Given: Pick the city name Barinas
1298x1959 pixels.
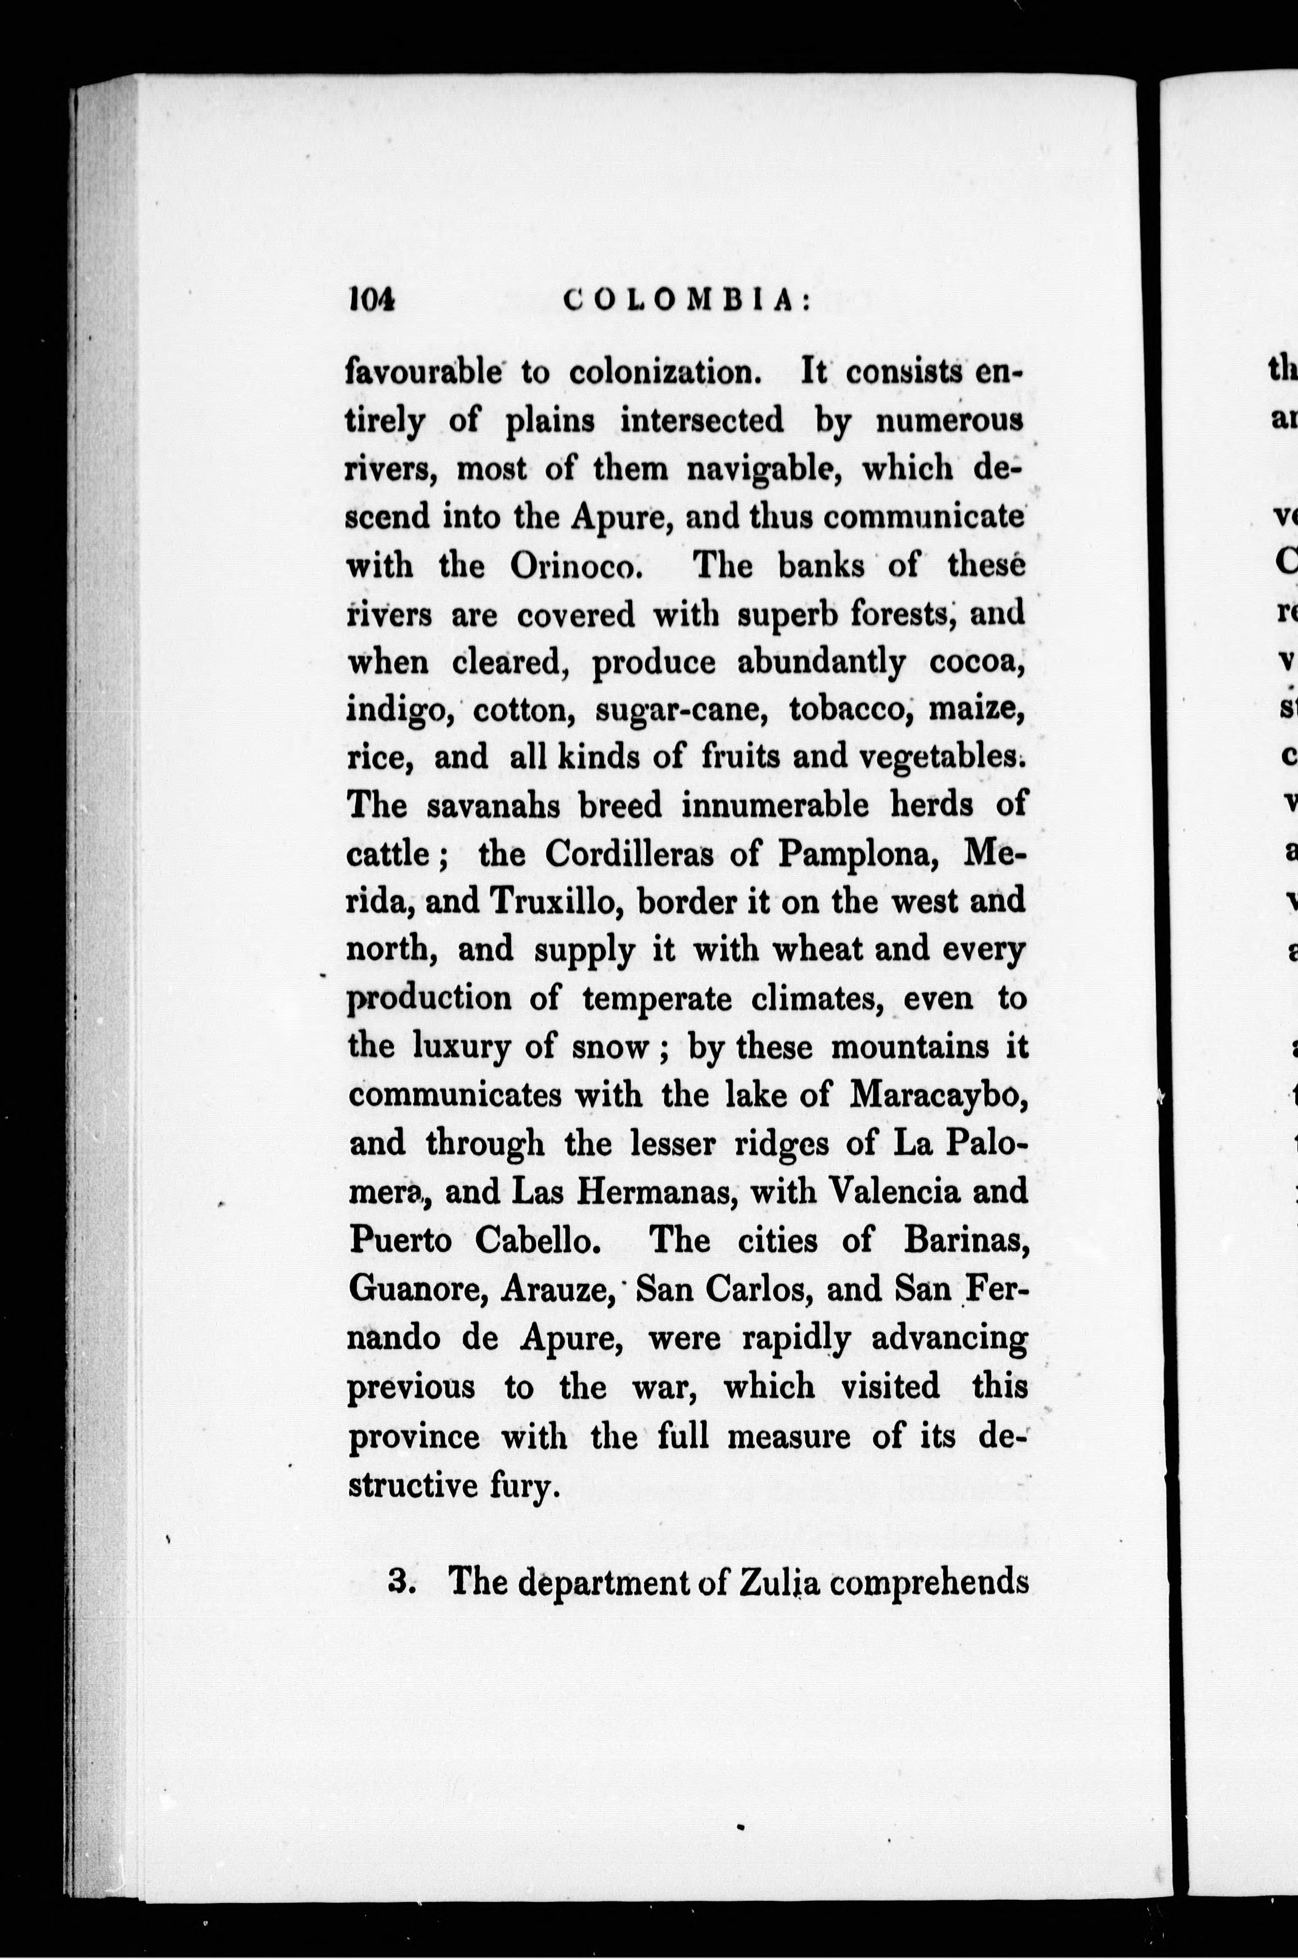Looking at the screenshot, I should click(x=965, y=1241).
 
